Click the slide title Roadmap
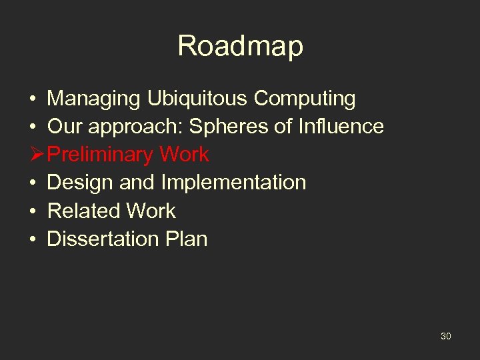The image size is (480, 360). point(240,46)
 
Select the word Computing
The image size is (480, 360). point(305,99)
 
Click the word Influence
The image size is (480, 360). point(343,126)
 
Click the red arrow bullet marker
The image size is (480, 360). point(37,155)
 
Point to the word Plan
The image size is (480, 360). point(187,239)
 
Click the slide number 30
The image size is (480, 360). point(445,336)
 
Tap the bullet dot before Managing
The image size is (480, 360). point(33,99)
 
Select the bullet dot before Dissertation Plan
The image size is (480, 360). point(33,239)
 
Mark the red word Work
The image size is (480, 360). point(184,155)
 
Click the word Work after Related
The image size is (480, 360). point(151,211)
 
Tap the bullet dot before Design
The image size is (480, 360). point(33,183)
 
